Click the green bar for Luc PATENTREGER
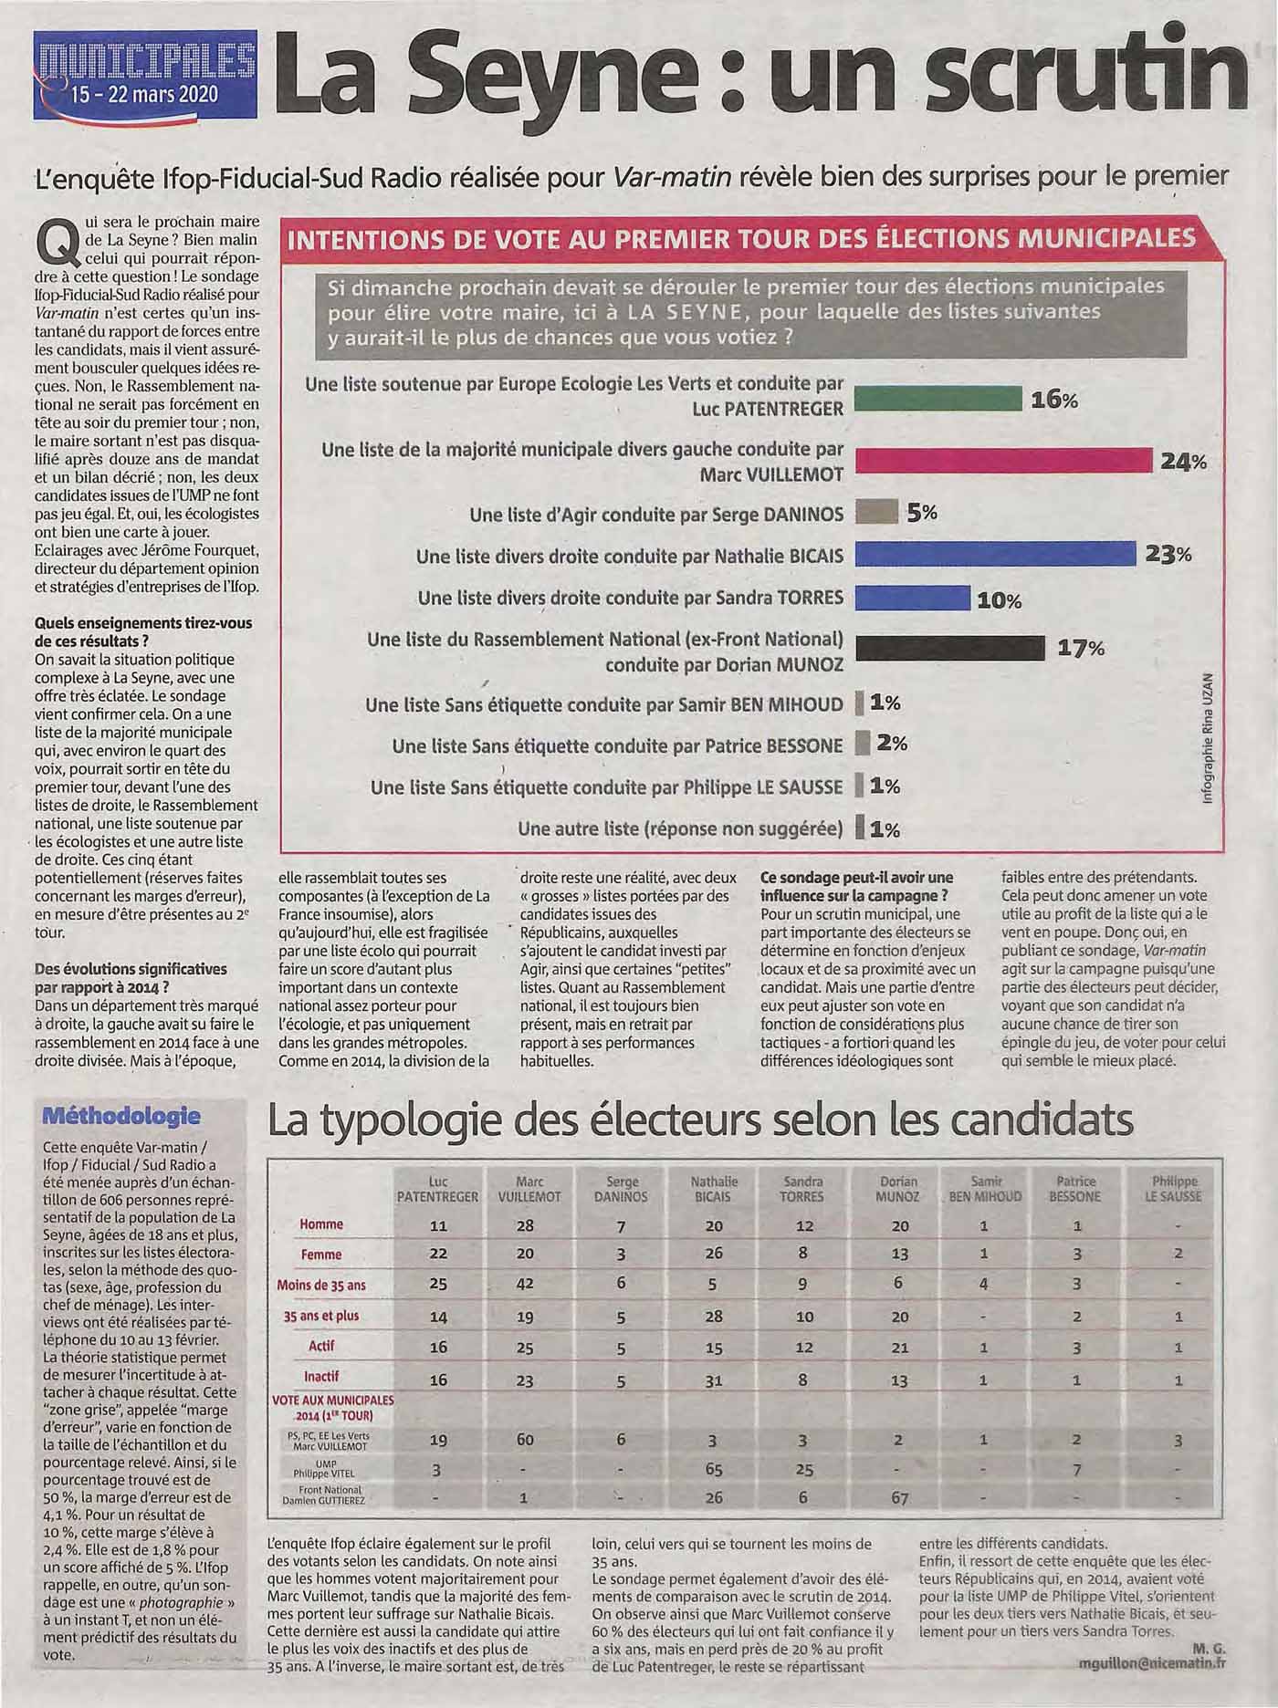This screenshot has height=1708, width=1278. pos(938,399)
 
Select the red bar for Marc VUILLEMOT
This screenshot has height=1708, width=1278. pos(1003,461)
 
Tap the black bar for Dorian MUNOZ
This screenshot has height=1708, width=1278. pos(949,648)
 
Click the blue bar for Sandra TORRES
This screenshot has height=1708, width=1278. pos(912,598)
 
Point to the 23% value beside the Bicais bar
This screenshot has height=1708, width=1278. pos(1169,554)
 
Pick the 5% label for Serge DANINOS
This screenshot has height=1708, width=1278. pos(922,513)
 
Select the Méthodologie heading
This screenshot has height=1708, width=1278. pos(121,1115)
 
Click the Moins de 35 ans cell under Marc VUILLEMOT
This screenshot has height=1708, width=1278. pos(525,1284)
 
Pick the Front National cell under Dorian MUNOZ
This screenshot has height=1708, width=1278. pos(900,1497)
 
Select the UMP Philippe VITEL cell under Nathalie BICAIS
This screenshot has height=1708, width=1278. pos(714,1470)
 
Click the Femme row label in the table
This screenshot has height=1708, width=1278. pos(321,1254)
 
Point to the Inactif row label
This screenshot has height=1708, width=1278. pos(321,1376)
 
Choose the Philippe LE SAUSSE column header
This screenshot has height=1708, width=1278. pos(1177,1189)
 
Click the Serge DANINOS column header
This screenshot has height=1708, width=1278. pos(622,1189)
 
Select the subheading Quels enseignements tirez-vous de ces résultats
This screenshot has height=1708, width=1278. pos(142,631)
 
